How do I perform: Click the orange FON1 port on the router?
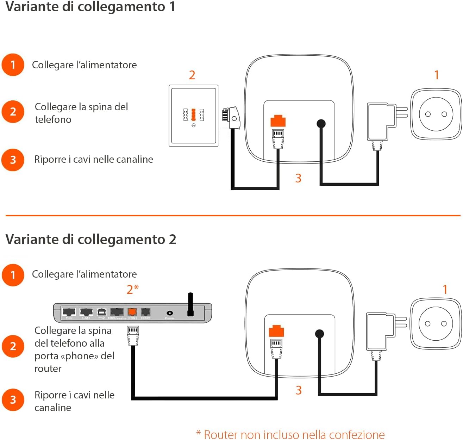point(132,312)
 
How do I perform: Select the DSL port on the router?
point(69,312)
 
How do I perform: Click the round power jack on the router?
point(170,313)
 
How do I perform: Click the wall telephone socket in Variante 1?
point(193,116)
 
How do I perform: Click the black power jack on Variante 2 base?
point(319,333)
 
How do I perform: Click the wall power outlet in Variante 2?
point(436,323)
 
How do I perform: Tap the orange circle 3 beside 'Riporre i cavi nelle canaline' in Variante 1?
point(13,160)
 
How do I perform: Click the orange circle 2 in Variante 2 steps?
point(13,346)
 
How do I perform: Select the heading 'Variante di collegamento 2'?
point(90,239)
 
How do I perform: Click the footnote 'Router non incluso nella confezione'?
point(290,434)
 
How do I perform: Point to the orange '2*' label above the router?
point(132,289)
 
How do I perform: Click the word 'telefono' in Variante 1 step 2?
point(53,119)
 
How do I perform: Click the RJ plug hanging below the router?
point(133,335)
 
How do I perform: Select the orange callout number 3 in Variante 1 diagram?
point(298,178)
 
